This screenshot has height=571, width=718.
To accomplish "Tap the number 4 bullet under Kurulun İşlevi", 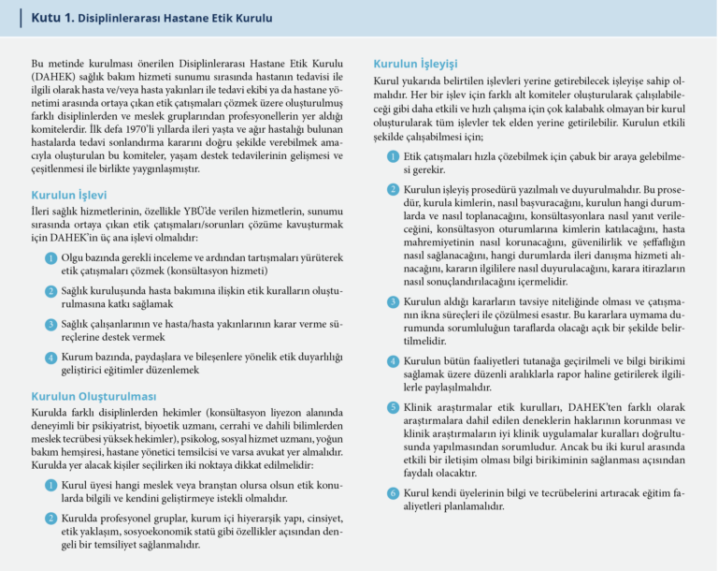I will [50, 358].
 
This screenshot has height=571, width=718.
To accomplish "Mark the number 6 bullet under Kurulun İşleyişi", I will [394, 492].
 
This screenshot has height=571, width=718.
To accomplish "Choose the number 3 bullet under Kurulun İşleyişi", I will [394, 302].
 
